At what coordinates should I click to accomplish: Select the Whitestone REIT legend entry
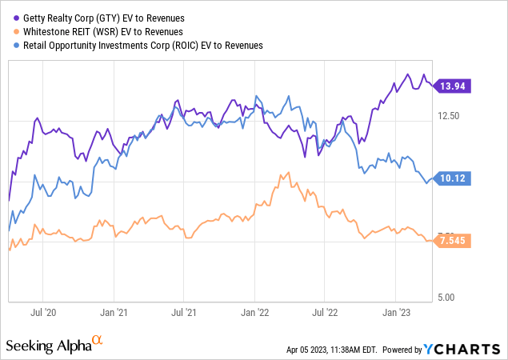click(90, 32)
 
